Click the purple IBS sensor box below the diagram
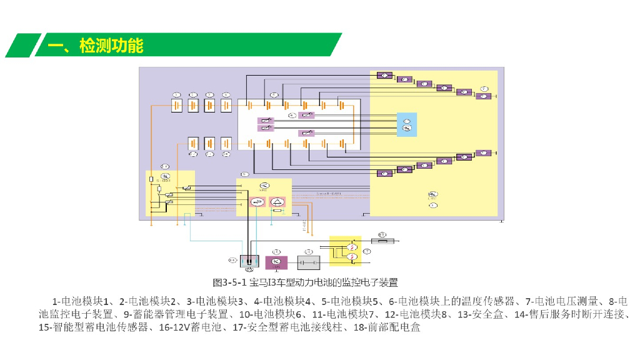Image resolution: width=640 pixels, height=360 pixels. click(277, 262)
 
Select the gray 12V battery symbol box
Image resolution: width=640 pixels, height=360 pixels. click(308, 262)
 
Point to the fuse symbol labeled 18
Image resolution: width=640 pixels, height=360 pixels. click(382, 241)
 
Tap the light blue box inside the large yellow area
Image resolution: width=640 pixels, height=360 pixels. click(406, 124)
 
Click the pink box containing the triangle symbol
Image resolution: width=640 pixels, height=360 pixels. click(277, 201)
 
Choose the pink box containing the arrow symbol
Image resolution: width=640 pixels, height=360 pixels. click(257, 201)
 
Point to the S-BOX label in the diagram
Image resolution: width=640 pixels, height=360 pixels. click(164, 180)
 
